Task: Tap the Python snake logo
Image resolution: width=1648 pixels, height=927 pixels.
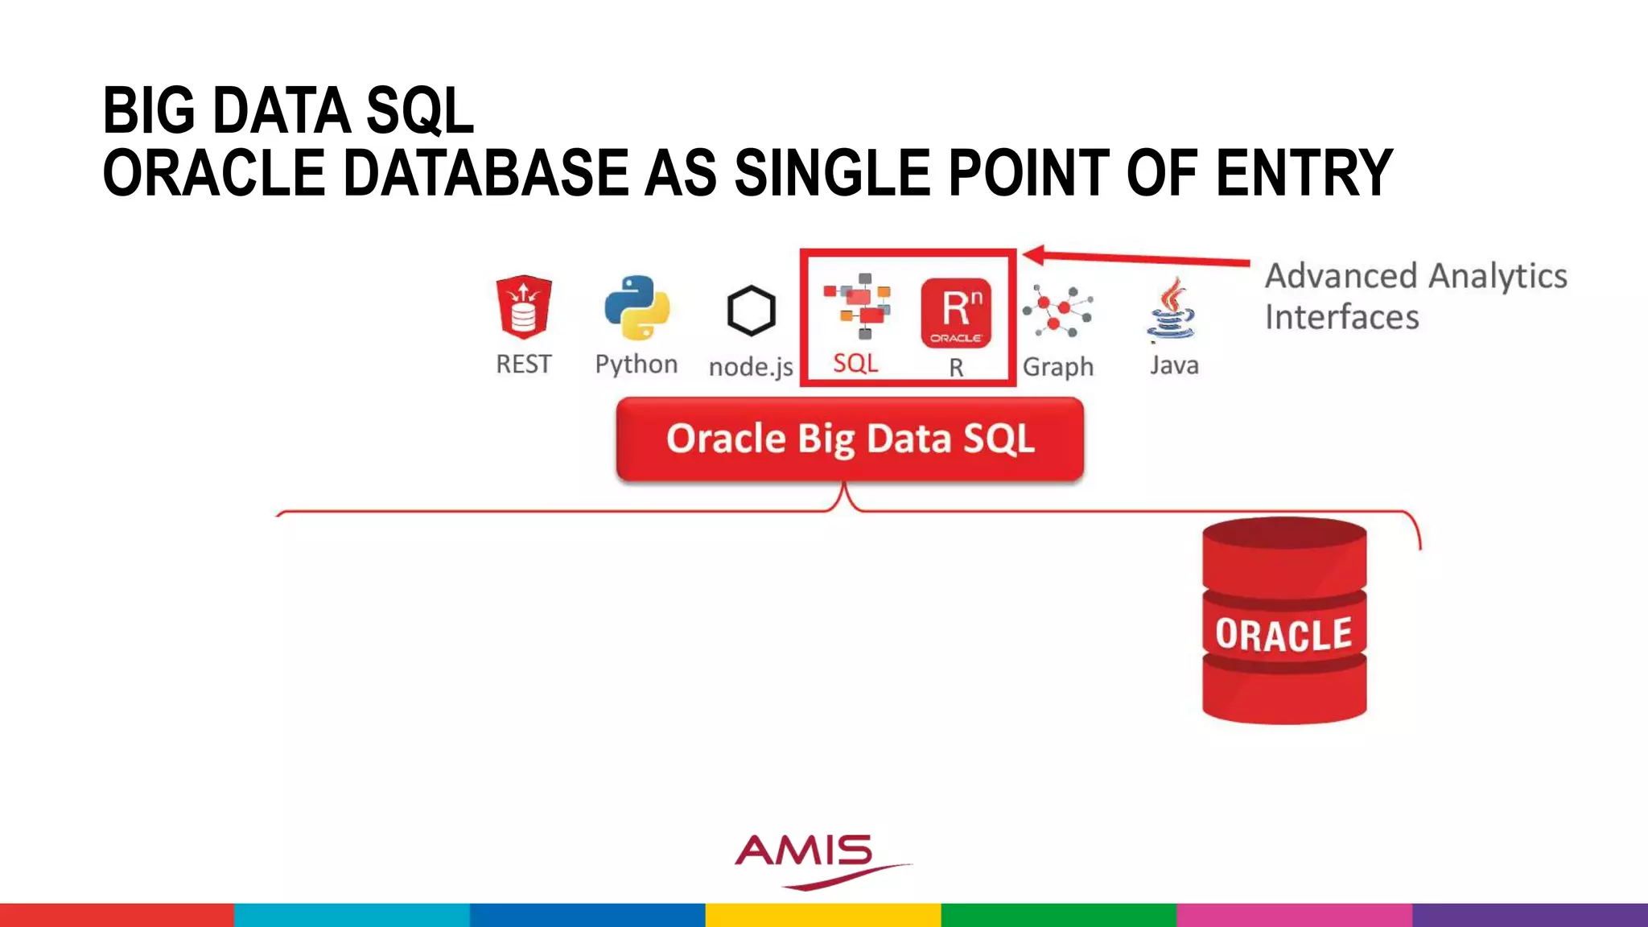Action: coord(637,307)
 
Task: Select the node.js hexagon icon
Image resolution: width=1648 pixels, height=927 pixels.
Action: coord(751,311)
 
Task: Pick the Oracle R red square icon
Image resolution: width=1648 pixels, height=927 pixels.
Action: coord(956,313)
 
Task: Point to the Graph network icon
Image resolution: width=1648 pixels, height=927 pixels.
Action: coord(1057,311)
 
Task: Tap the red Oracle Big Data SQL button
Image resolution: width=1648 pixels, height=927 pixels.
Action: coord(850,439)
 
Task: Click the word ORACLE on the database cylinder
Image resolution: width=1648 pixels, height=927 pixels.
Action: coord(1283,634)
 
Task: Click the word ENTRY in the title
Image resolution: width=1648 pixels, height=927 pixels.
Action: coord(1304,173)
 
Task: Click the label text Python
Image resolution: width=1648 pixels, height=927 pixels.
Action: coord(637,365)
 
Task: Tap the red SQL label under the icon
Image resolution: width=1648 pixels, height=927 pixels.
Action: coord(855,364)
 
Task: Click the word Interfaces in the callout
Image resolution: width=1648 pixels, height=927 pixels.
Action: coord(1341,317)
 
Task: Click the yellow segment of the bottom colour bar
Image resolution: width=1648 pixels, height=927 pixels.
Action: coord(823,915)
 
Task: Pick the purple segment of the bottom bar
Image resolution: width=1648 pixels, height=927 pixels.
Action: coord(1530,915)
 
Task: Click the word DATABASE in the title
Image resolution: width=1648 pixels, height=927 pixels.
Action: coord(486,173)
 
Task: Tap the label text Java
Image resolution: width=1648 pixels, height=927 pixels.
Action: coord(1174,365)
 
